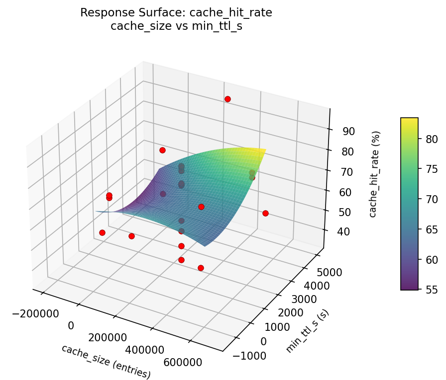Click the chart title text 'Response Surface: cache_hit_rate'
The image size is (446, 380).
(176, 13)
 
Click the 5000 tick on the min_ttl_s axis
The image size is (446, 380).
(329, 273)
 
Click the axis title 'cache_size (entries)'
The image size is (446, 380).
(106, 361)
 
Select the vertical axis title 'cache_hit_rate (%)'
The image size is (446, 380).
(377, 174)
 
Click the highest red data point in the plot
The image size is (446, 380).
(227, 99)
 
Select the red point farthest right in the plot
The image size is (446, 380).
(265, 213)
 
